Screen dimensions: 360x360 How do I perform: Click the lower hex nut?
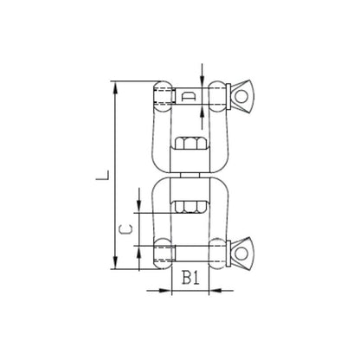[x=189, y=205]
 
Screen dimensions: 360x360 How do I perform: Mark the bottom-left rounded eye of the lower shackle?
[x=162, y=254]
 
